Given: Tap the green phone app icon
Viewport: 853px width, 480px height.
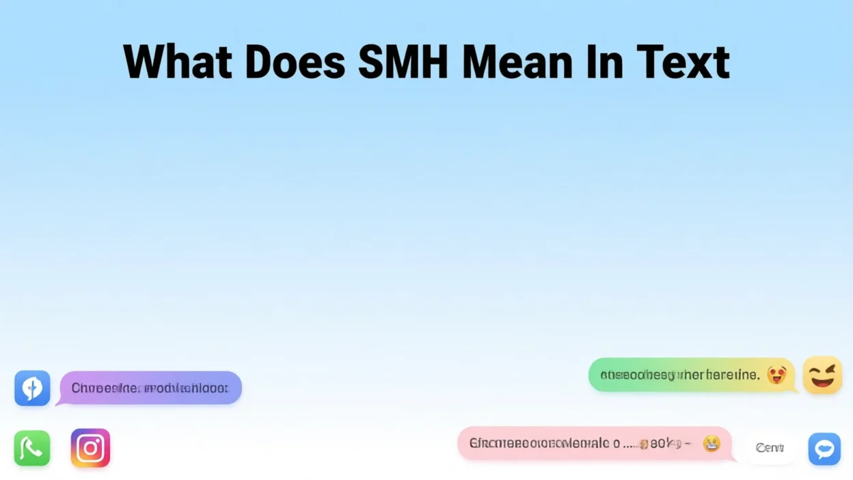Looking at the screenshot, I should [32, 449].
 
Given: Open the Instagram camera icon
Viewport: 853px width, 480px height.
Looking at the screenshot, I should [90, 448].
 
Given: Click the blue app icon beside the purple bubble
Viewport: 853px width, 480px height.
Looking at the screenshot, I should [32, 388].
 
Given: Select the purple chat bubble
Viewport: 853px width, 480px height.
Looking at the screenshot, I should [151, 388].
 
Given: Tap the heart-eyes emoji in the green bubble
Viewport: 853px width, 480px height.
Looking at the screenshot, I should [776, 375].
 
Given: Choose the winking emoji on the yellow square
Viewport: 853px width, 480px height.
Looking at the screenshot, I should [822, 375].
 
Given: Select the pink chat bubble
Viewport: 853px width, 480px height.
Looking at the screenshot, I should [594, 444].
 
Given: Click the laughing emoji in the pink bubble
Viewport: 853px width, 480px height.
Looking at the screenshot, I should [712, 444].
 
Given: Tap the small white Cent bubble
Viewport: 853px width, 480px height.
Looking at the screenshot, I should [770, 448].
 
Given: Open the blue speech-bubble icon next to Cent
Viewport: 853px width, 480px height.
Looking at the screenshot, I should [824, 449].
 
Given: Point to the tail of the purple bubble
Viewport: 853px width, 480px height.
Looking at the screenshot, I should [59, 402].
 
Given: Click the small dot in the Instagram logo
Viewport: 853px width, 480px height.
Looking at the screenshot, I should [100, 439].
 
